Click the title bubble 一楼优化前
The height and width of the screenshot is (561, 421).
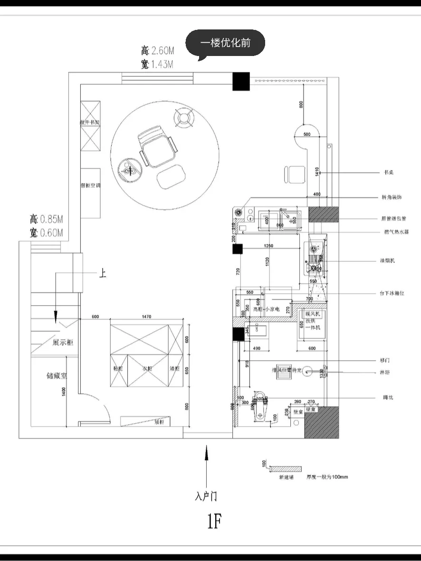pyautogui.click(x=225, y=43)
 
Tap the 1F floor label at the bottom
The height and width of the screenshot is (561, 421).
pyautogui.click(x=214, y=522)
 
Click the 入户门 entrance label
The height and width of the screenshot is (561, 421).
pyautogui.click(x=206, y=496)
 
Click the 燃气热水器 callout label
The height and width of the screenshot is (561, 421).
pyautogui.click(x=396, y=232)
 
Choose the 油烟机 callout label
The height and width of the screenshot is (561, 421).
pyautogui.click(x=389, y=261)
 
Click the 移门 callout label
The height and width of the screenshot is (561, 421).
pyautogui.click(x=385, y=360)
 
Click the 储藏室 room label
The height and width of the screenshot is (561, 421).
pyautogui.click(x=57, y=376)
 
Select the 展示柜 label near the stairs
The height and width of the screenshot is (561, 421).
pyautogui.click(x=63, y=342)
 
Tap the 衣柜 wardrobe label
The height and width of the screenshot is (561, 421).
pyautogui.click(x=147, y=368)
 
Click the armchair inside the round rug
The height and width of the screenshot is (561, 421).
pyautogui.click(x=158, y=149)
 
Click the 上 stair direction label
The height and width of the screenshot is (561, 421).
pyautogui.click(x=102, y=274)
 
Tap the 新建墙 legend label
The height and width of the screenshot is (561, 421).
pyautogui.click(x=286, y=477)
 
